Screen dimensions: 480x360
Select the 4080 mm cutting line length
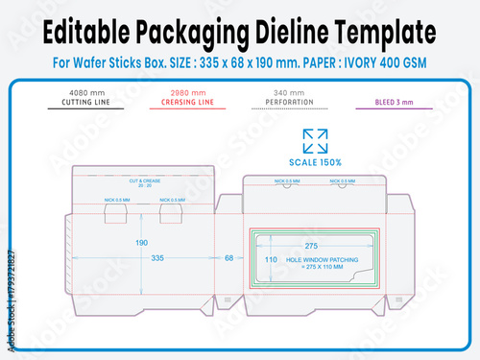point(84,94)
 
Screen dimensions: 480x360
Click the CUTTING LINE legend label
point(84,103)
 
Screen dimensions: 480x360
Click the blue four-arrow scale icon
point(314,139)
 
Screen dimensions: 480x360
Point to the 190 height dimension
point(141,243)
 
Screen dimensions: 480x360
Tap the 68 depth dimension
point(228,258)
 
